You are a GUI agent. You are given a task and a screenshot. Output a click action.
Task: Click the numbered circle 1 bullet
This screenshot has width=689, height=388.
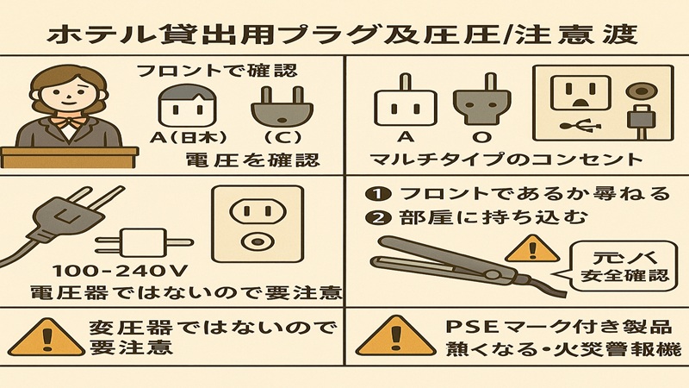tap(376, 191)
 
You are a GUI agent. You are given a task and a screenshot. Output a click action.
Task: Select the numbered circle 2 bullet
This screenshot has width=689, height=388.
tap(376, 217)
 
